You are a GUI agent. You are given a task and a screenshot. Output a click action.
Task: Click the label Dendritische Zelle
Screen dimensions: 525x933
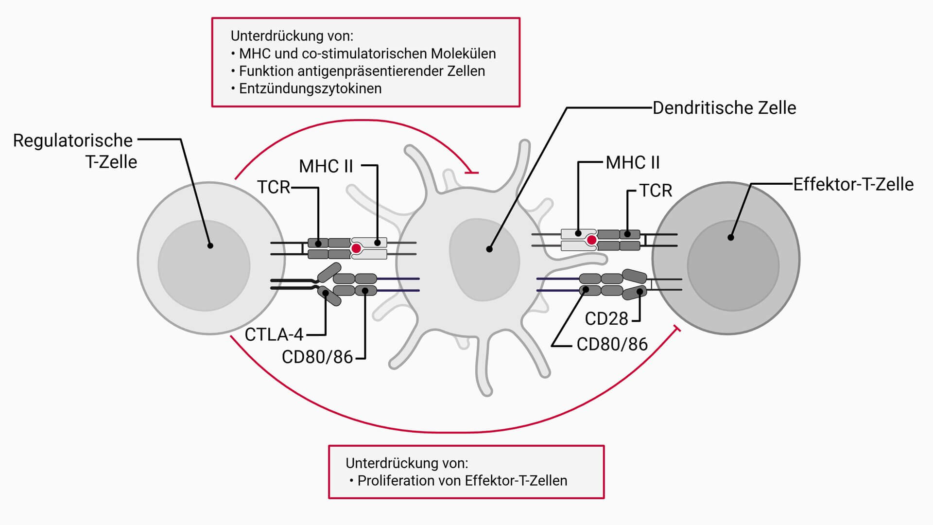click(724, 108)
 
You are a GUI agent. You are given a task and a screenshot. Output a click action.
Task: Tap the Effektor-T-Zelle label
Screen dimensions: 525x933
click(853, 184)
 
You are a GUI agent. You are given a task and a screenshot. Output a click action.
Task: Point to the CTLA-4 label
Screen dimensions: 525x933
click(274, 334)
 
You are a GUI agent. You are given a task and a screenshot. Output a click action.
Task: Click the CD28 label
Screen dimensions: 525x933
click(606, 319)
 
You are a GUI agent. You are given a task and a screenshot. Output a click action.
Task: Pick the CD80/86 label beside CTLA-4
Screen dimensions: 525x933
click(317, 357)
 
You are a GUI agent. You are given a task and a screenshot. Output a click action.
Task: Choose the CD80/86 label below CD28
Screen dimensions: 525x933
click(612, 344)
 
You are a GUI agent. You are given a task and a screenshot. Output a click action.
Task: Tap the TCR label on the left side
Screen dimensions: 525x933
click(274, 187)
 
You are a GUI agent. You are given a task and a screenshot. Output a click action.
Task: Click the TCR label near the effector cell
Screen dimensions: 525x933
click(656, 191)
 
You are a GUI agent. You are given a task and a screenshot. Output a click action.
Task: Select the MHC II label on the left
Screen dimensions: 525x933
click(326, 166)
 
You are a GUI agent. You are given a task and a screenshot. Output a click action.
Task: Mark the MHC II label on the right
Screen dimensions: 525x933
click(633, 162)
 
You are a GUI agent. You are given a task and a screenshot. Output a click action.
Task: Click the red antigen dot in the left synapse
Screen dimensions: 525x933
click(356, 248)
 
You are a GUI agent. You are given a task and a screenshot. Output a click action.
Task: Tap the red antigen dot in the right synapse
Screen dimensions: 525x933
click(591, 240)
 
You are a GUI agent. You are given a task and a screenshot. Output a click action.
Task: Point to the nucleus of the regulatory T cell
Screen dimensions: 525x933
click(204, 266)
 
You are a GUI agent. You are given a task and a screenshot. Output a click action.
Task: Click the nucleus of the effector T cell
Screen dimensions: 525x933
click(733, 266)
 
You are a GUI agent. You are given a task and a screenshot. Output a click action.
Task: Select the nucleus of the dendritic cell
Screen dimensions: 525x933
click(484, 260)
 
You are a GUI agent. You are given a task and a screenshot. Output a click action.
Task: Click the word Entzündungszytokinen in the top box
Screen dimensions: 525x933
click(310, 88)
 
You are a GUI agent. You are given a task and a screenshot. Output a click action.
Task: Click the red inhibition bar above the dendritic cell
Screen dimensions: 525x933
click(471, 172)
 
